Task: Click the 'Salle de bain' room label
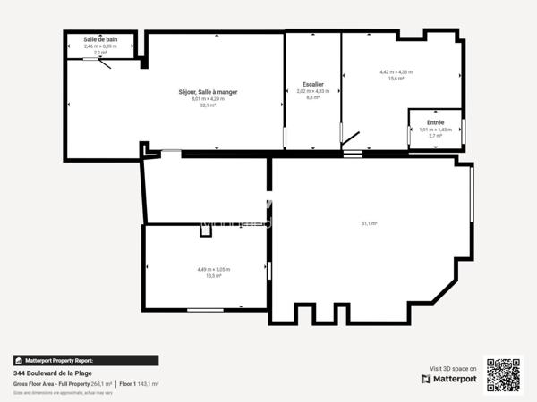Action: (100, 39)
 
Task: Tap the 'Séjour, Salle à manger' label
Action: (208, 92)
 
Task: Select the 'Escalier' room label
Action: (313, 84)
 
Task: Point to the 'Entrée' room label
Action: (435, 121)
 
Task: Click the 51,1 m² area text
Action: (369, 222)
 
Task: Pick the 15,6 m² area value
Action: (395, 79)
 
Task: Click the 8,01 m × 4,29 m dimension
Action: (208, 99)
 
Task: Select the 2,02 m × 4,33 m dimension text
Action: (313, 91)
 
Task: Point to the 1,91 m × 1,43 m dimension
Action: (436, 129)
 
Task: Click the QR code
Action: (503, 374)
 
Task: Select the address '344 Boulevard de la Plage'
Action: (52, 373)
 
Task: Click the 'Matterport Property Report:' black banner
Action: (85, 361)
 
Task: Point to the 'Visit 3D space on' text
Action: (453, 368)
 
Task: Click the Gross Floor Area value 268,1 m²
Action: (101, 384)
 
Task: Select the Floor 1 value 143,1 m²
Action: (148, 384)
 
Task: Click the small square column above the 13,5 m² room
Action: (207, 230)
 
